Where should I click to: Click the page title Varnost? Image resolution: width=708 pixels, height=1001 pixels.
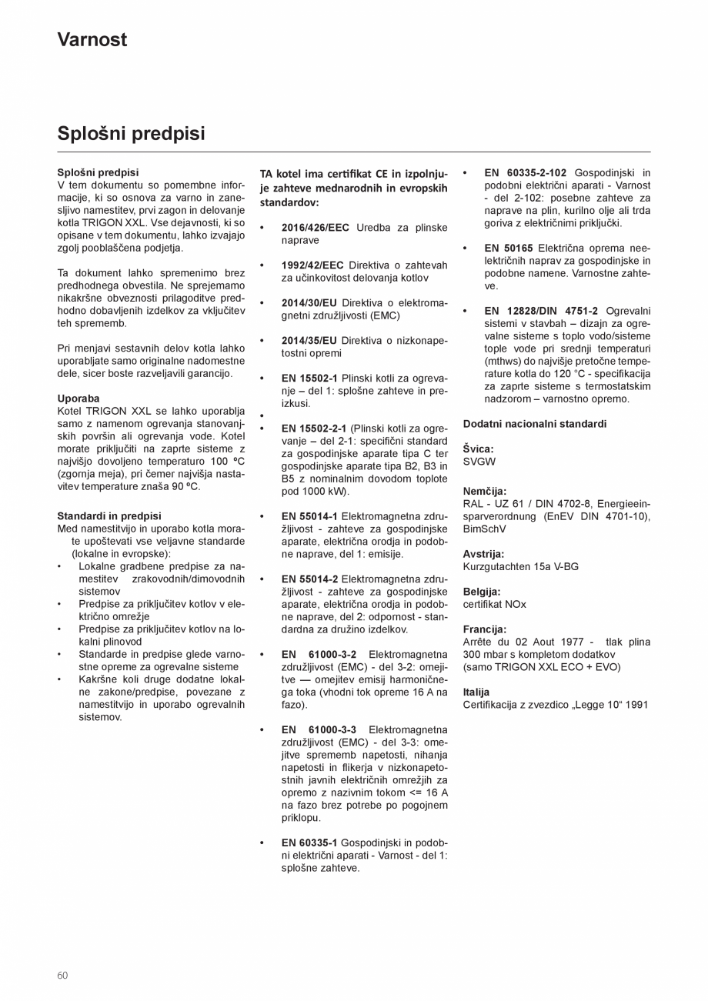(x=92, y=40)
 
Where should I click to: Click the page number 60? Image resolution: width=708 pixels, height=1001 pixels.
(x=62, y=976)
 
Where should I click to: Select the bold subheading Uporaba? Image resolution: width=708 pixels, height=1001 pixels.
(x=78, y=399)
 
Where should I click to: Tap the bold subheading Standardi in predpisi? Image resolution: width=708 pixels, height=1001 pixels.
(x=109, y=516)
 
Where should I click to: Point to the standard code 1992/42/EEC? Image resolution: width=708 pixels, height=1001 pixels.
(x=312, y=265)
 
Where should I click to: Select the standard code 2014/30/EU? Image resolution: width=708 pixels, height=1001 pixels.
(x=309, y=303)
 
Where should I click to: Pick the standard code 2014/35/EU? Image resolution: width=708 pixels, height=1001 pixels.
(x=309, y=341)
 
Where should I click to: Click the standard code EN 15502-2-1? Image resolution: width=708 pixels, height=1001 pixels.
(x=314, y=429)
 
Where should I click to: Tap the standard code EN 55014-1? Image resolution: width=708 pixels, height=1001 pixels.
(x=309, y=516)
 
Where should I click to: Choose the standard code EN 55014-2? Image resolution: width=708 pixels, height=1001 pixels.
(x=309, y=579)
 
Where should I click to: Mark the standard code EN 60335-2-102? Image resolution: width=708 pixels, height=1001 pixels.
(x=526, y=173)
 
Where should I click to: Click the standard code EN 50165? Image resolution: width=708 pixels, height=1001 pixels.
(x=509, y=249)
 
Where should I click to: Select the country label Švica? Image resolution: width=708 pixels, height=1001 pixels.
(x=479, y=449)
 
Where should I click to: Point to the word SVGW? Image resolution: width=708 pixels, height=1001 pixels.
(x=479, y=462)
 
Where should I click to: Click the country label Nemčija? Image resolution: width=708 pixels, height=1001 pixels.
(x=485, y=491)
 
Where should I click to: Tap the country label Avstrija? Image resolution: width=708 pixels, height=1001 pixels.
(x=484, y=554)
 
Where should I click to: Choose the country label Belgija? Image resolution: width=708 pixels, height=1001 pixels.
(x=482, y=592)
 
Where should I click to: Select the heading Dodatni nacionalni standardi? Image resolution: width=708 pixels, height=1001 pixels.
(x=535, y=424)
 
